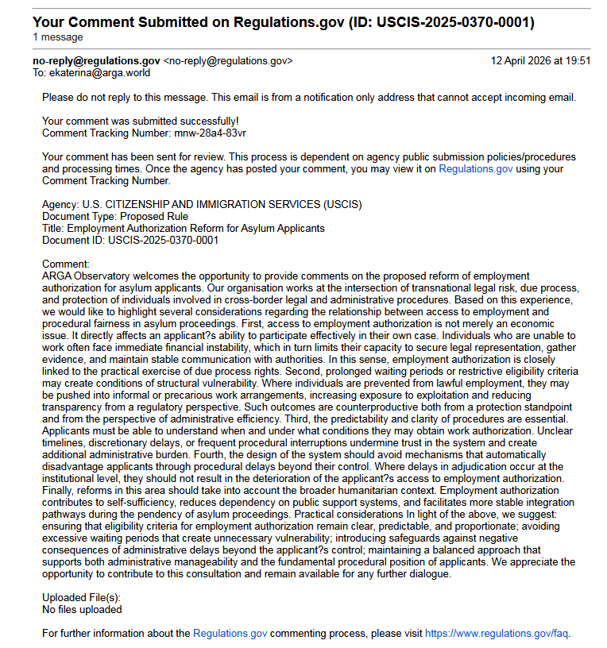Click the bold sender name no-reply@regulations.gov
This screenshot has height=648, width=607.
96,61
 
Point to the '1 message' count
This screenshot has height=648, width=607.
58,37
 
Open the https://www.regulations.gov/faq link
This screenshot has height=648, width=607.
497,634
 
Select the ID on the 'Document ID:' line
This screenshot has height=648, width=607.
164,240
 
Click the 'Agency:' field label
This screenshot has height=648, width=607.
60,204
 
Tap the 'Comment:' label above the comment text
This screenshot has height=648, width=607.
66,264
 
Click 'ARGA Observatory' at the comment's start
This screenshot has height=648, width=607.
83,276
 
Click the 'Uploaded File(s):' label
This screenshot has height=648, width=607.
81,598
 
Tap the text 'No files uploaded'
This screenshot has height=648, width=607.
82,610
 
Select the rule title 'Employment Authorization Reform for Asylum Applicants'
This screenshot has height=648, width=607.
195,228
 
